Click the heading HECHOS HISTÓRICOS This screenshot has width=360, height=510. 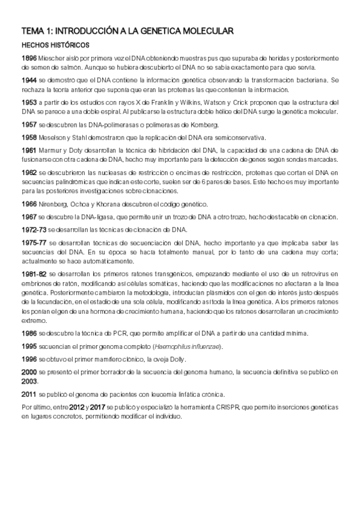pos(55,45)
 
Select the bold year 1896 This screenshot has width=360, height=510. pos(29,58)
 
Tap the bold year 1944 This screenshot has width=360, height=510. pos(29,80)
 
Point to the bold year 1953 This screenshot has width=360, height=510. pos(29,102)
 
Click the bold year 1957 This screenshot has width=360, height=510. pos(29,124)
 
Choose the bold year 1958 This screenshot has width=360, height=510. pos(29,137)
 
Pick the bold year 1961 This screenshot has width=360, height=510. pos(29,150)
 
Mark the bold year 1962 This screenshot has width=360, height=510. pos(29,172)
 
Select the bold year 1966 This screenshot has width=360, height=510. pos(29,204)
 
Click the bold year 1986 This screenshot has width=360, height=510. pos(29,333)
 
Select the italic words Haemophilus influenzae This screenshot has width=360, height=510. pos(188,346)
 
